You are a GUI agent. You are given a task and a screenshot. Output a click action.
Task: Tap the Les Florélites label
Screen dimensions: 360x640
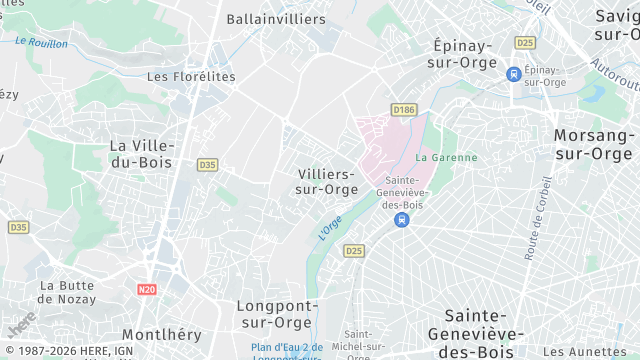coord(191,76)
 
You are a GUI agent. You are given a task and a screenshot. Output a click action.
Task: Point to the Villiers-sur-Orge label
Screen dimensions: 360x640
coord(328,181)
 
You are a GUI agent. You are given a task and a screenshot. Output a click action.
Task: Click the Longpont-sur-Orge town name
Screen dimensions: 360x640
coord(277,313)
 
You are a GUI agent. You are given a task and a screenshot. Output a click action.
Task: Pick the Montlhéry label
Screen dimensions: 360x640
coord(161,334)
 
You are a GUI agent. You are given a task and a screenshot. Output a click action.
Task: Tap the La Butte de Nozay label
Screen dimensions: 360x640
coord(67,292)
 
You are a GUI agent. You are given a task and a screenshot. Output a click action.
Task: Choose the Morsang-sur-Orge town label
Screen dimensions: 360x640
coord(593,144)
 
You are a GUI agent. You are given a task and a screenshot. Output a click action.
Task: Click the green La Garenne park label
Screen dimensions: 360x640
coord(446,157)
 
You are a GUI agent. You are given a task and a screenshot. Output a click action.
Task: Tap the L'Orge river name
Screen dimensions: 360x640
coord(330,227)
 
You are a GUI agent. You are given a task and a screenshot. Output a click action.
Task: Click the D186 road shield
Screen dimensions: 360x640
coord(404,110)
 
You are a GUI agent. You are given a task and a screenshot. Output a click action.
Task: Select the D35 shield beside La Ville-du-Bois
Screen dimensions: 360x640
coord(207,165)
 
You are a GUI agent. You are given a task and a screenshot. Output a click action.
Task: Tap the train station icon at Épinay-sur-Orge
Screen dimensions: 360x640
coord(514,74)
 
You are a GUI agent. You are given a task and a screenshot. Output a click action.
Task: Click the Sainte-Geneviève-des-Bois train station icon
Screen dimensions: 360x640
coord(401,219)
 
